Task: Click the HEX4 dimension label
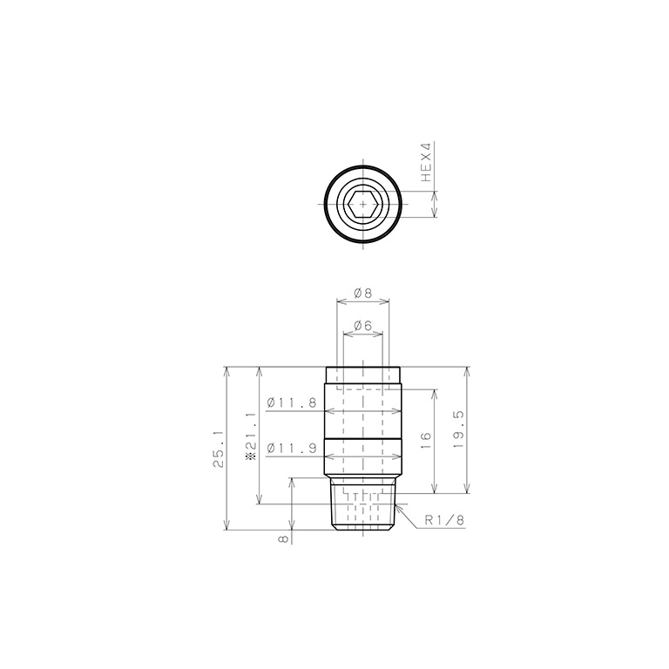(x=426, y=162)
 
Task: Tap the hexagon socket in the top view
(x=362, y=204)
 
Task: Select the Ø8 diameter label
(x=363, y=293)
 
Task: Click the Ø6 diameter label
(x=363, y=326)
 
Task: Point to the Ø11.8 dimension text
(x=292, y=402)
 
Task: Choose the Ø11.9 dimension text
(x=292, y=448)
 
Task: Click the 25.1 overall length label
(x=219, y=449)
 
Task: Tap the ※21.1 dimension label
(x=250, y=436)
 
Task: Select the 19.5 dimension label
(x=458, y=429)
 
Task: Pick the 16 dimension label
(x=426, y=441)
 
